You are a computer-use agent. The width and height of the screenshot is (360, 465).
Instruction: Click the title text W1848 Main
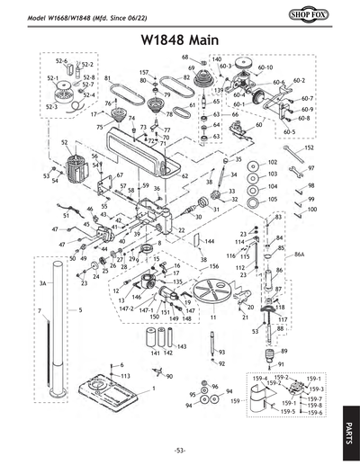[180, 40]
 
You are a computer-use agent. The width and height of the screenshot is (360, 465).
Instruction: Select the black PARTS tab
[348, 424]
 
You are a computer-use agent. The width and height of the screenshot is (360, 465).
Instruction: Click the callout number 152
[308, 147]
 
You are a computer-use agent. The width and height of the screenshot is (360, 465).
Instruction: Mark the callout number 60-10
[265, 67]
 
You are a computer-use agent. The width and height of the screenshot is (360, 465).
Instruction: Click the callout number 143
[181, 346]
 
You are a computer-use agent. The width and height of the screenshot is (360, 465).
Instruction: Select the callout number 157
[144, 72]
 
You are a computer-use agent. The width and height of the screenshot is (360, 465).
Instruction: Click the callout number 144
[209, 242]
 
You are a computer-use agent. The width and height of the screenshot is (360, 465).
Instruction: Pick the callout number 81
[107, 79]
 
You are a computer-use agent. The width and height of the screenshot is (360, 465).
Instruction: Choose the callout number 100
[311, 210]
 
